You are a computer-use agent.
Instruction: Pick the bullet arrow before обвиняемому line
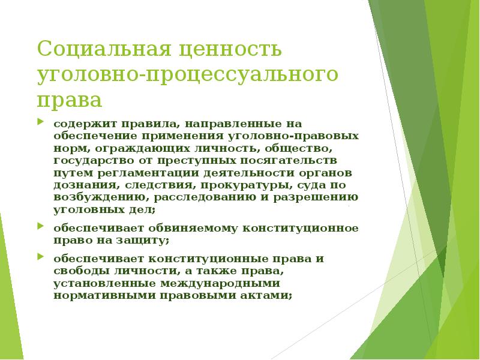tap(40, 227)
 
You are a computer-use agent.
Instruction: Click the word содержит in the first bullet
tap(80, 124)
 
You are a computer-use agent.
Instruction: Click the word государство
tap(91, 160)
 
